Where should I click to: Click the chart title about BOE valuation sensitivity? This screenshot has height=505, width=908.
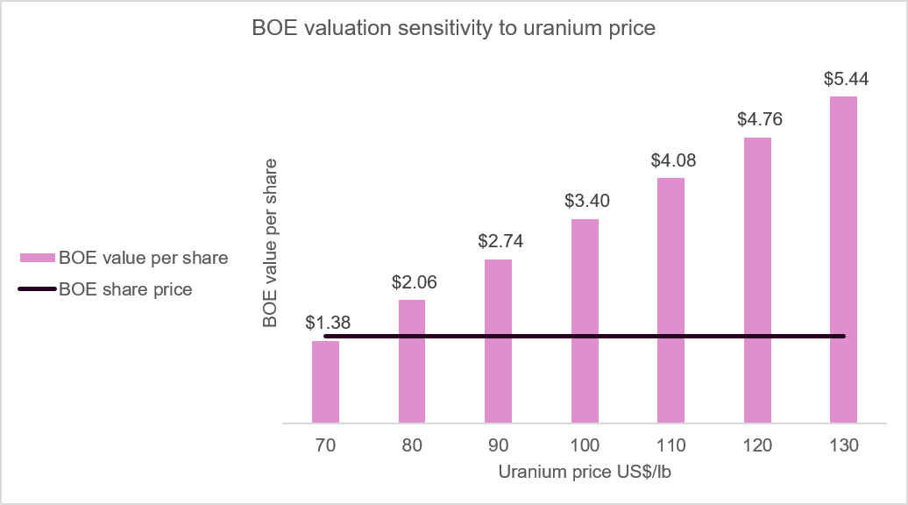(453, 28)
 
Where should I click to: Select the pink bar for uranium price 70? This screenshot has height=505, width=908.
(325, 381)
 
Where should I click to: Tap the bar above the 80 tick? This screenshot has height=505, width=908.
(412, 361)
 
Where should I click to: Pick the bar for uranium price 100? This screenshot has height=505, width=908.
(585, 321)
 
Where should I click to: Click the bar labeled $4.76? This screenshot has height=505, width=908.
(757, 281)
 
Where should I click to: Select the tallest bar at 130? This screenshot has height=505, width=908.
(843, 260)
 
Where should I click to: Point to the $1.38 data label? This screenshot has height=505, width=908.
(328, 323)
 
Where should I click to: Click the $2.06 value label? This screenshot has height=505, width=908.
(414, 282)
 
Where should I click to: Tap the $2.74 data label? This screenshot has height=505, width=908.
(500, 241)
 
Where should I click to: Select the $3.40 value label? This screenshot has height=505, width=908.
(587, 201)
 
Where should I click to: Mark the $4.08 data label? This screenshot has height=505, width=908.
(673, 160)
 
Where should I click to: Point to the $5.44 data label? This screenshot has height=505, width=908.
(846, 79)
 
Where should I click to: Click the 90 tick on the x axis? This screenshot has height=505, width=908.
(498, 445)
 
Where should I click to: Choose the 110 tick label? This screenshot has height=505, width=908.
(670, 445)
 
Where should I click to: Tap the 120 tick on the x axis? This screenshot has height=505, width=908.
(757, 445)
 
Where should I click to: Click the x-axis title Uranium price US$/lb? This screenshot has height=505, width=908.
(585, 472)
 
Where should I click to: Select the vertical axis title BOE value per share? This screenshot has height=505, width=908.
(270, 243)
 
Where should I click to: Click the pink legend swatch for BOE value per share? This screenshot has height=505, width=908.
(38, 258)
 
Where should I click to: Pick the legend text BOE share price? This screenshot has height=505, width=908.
(125, 289)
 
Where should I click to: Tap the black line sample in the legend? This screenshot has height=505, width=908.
(38, 289)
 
